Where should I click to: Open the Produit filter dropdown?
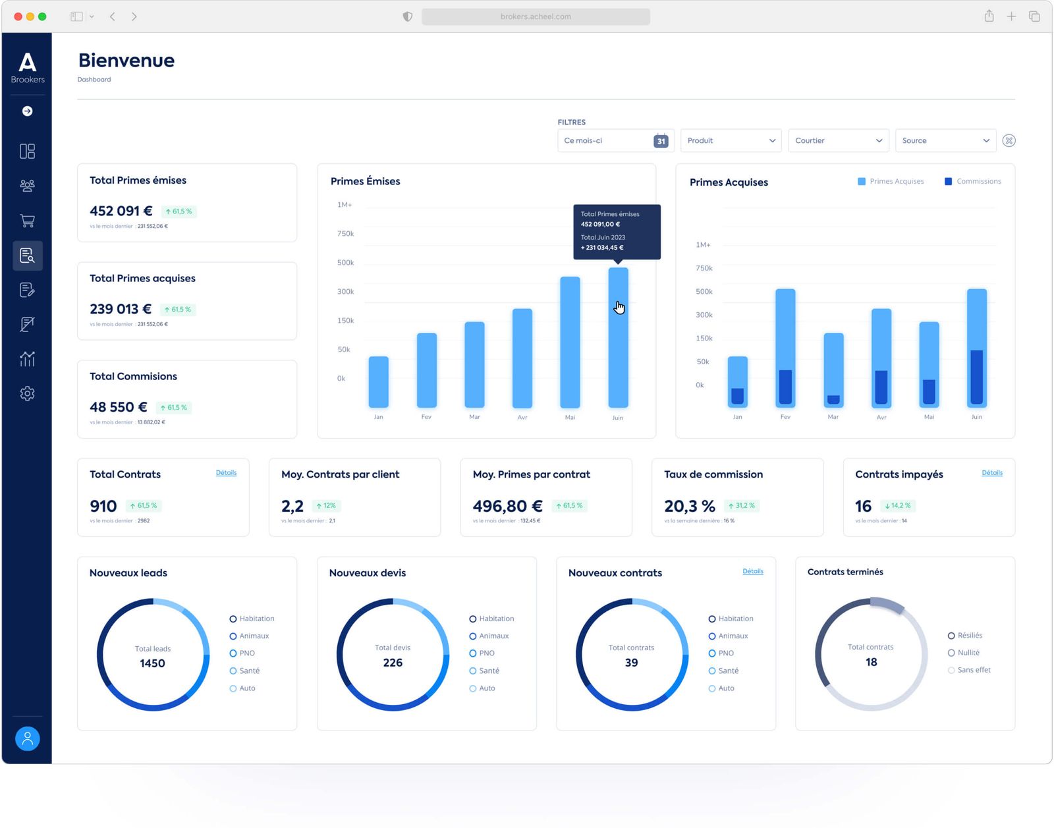[731, 141]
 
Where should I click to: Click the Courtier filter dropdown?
[838, 141]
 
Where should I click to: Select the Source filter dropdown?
[945, 141]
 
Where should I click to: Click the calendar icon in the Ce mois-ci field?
[661, 141]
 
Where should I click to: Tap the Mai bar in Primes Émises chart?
[570, 343]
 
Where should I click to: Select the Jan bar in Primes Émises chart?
[378, 382]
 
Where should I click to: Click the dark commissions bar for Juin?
[977, 377]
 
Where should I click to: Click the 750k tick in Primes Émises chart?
[345, 234]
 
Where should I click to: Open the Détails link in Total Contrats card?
[226, 473]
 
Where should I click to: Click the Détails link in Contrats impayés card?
[991, 473]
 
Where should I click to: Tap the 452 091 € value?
[121, 211]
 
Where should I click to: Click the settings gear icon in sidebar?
[27, 394]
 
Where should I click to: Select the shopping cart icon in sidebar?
[27, 221]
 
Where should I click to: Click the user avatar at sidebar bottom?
[27, 738]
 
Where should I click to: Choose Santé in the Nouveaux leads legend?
[249, 671]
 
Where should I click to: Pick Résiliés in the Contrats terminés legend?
[969, 636]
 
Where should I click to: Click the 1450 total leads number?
[152, 663]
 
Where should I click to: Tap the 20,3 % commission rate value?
[689, 507]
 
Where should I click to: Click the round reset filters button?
[1009, 141]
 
